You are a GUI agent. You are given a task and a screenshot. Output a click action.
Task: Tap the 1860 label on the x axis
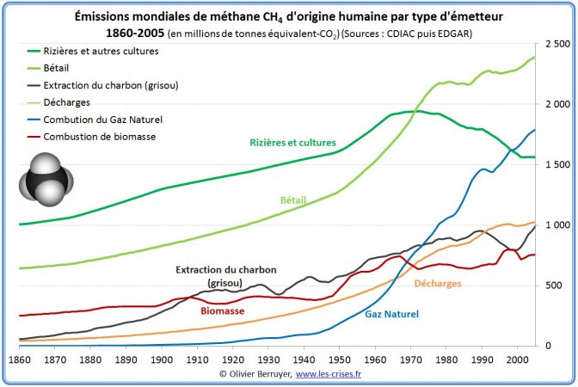[19, 360]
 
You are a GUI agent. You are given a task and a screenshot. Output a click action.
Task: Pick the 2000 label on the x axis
[518, 360]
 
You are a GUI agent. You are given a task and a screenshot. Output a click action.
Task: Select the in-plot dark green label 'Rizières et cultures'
[292, 142]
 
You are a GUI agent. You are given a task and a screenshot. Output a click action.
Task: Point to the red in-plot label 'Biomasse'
[222, 310]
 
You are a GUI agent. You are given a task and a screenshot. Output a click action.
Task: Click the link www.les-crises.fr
[329, 376]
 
